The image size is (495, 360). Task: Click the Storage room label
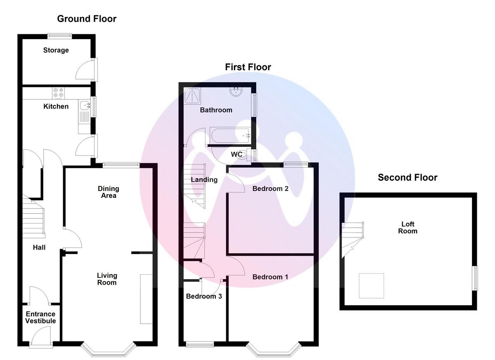(x=56, y=50)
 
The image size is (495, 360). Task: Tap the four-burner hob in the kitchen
(x=58, y=93)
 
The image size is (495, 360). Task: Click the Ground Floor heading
(x=87, y=19)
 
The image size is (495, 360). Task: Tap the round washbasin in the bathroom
(x=236, y=92)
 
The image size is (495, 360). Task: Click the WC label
(x=236, y=154)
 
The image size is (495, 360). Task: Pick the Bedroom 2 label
(x=270, y=188)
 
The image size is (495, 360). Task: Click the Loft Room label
(x=408, y=228)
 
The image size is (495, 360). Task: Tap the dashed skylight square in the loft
(x=371, y=285)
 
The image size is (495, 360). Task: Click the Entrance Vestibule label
(x=40, y=318)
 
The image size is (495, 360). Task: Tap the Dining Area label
(x=108, y=192)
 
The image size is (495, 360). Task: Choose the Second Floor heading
(x=408, y=177)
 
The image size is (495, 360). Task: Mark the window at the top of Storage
(x=60, y=35)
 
